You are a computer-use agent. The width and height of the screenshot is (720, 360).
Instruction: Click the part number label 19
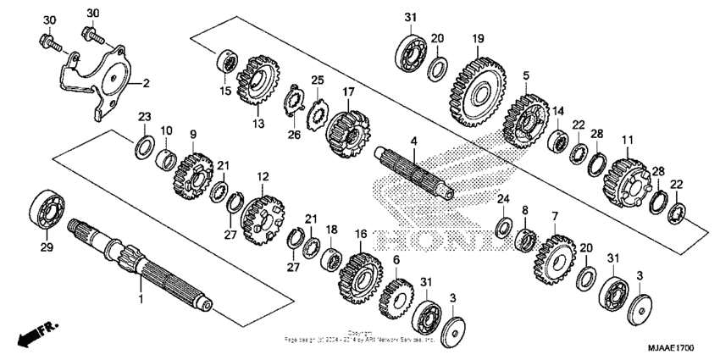coord(478,38)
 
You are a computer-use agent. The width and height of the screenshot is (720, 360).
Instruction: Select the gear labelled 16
coord(357,274)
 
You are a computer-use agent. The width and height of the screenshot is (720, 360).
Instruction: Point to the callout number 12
coord(263,177)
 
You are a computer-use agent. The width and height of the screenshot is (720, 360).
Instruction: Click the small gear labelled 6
coord(394,296)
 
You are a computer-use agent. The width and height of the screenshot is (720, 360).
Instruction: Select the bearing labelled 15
coord(226,62)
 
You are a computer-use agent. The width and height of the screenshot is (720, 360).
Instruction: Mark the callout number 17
coord(348,91)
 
